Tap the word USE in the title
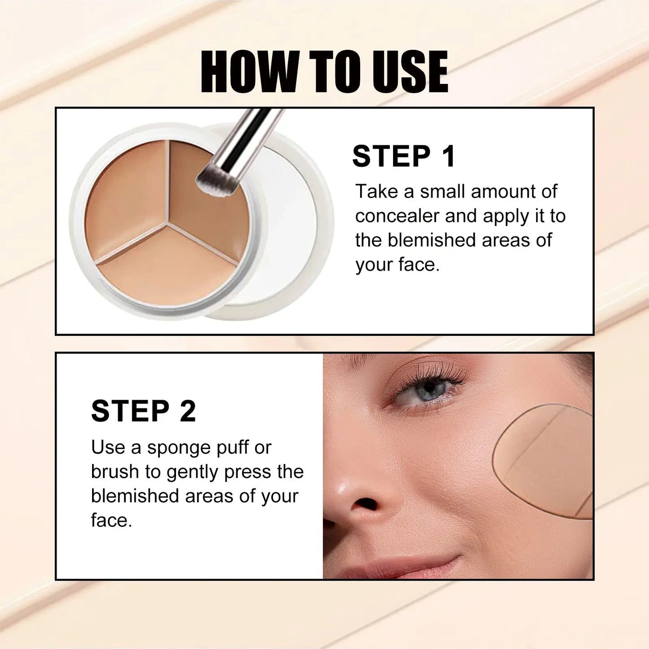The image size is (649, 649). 411,72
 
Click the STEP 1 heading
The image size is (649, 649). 403,156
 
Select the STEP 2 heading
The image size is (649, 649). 143,411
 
